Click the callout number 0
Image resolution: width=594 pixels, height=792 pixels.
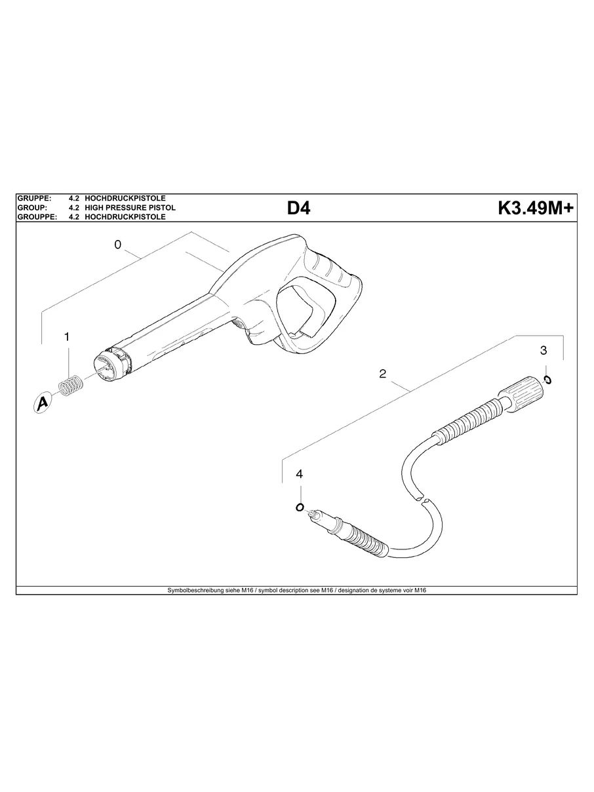117,245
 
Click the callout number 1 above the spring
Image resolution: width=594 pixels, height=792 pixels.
66,336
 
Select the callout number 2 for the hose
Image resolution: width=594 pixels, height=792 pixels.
382,374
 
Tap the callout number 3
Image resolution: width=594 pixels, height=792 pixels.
544,350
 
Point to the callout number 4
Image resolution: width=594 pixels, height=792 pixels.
300,474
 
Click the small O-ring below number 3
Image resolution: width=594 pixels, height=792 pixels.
547,380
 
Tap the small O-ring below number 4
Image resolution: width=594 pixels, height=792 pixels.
300,507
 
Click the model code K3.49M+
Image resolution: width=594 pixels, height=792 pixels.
535,208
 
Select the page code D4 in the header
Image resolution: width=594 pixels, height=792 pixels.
298,208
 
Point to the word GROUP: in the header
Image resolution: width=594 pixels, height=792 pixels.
31,207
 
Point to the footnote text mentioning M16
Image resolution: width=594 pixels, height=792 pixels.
297,590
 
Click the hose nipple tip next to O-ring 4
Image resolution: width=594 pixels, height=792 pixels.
313,515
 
